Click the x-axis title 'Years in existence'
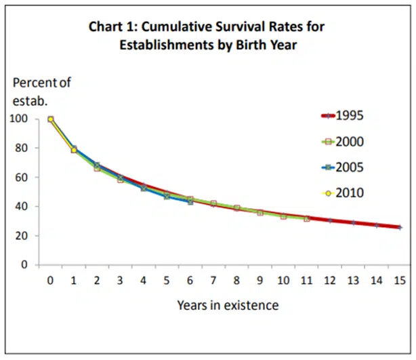[228, 304]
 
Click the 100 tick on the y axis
[24, 119]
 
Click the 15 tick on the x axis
[400, 279]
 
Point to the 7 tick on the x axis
[213, 279]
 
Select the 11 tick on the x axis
[306, 279]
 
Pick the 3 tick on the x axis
[120, 279]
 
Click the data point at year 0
[50, 119]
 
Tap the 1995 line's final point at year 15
[400, 227]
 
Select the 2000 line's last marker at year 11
[306, 218]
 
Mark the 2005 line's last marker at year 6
[190, 202]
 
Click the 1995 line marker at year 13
[353, 222]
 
